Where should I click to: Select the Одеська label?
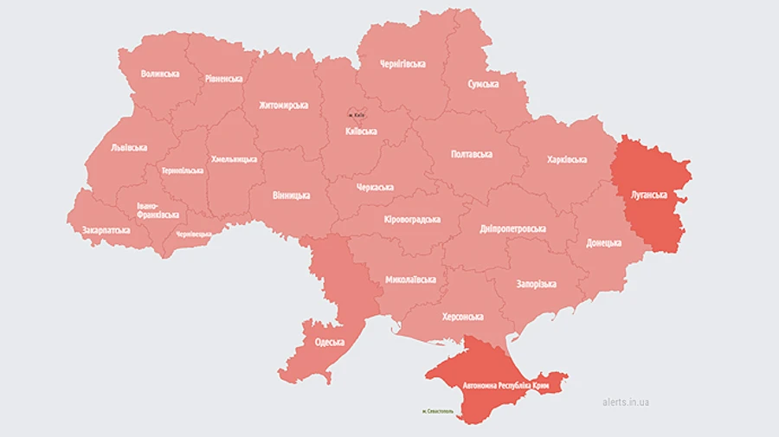click(330, 342)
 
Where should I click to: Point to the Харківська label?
click(567, 159)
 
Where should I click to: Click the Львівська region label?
click(129, 148)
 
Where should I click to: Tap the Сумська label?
click(483, 84)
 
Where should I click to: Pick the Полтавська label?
click(472, 154)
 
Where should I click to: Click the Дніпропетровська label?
click(513, 228)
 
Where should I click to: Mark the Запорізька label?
click(536, 284)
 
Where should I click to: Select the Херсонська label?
click(461, 317)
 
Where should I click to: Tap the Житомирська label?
click(283, 106)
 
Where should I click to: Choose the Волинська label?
click(160, 74)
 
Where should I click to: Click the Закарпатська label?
click(106, 231)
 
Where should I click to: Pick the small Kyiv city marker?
click(357, 114)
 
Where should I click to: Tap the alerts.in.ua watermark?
click(626, 402)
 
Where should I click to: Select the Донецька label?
click(603, 242)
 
